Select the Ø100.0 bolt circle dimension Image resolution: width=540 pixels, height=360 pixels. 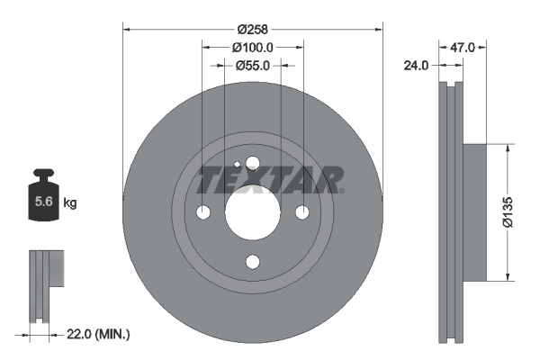[252, 46]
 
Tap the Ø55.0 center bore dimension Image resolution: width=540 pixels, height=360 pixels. [252, 65]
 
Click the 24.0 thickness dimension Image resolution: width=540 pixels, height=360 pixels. [418, 66]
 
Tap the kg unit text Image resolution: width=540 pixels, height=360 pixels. [70, 203]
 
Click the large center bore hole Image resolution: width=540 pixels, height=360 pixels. [252, 212]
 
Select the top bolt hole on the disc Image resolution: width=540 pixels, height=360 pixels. [252, 163]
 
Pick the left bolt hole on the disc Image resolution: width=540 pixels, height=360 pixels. [202, 212]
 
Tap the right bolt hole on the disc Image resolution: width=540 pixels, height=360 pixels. [301, 212]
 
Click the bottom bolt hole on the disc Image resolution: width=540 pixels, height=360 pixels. [252, 262]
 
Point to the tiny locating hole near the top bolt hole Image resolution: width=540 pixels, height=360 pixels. [236, 165]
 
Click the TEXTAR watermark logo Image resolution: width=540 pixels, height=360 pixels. [270, 180]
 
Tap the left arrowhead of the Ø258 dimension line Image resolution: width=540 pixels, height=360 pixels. [127, 26]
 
